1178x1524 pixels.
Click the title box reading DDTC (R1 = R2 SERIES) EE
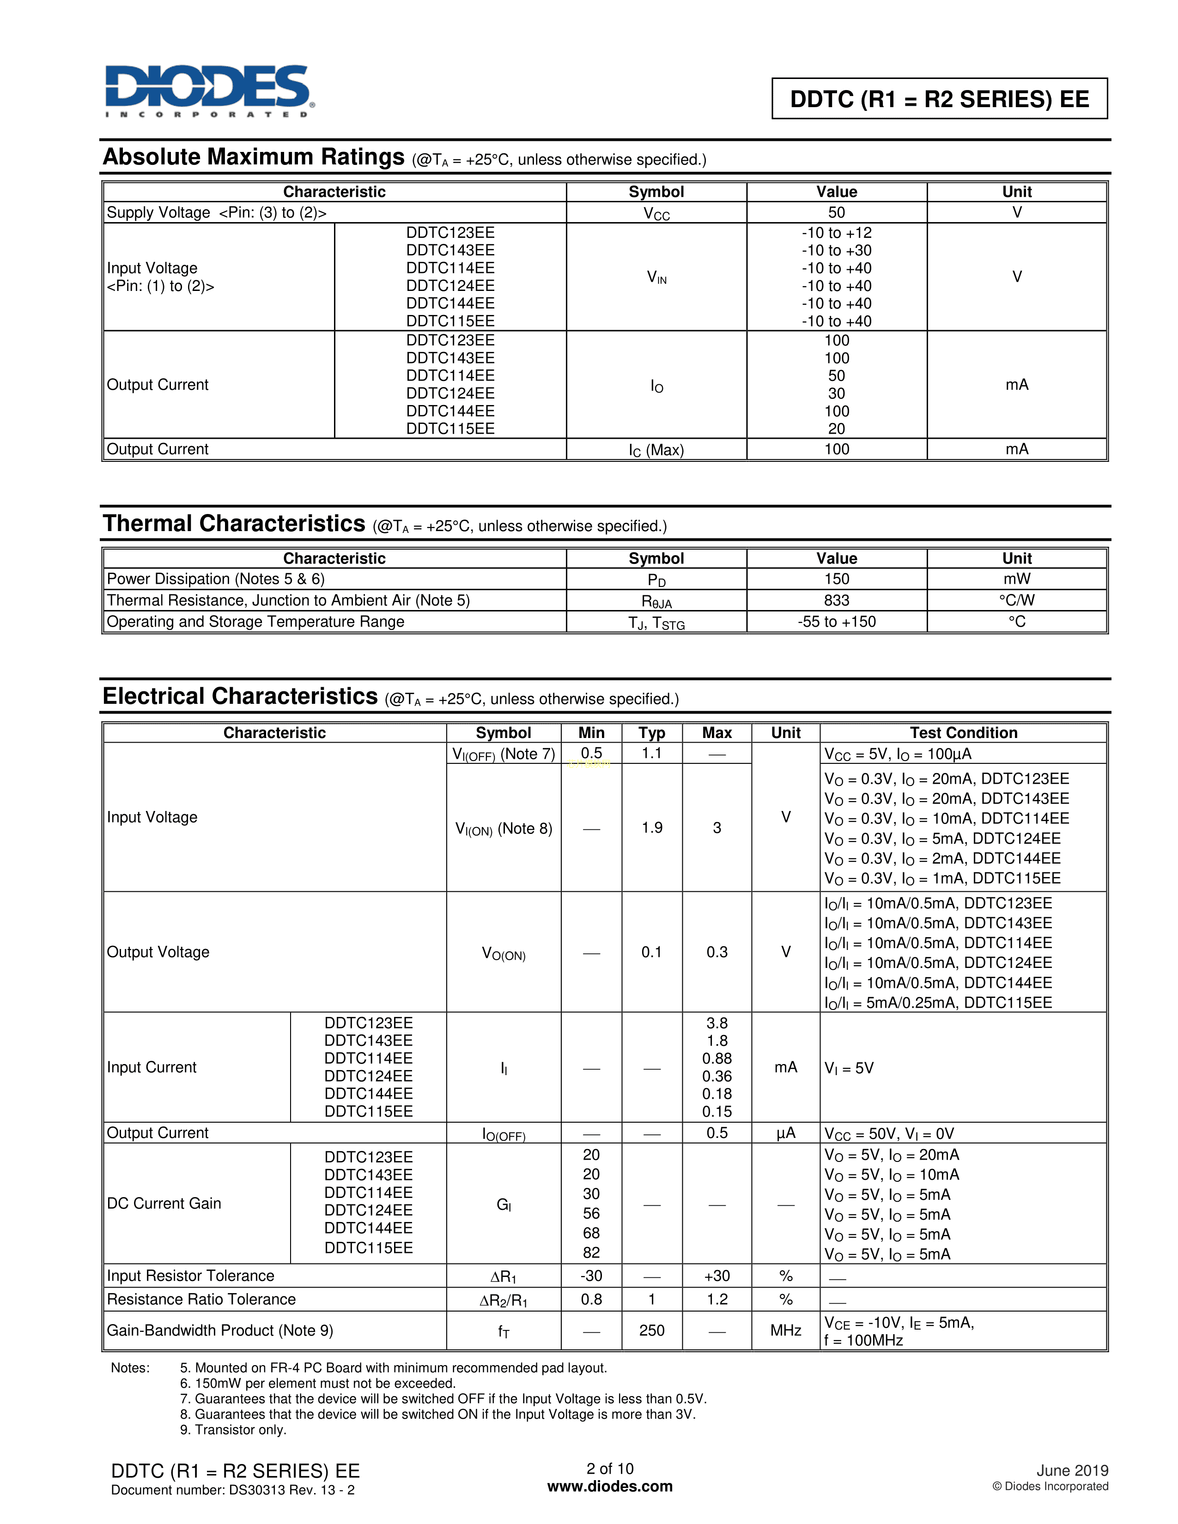[x=939, y=99]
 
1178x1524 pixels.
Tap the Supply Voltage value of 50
[x=836, y=212]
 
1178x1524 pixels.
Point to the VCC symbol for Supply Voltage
[x=656, y=213]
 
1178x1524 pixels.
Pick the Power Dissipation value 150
[x=836, y=579]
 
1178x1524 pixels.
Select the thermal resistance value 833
[x=836, y=600]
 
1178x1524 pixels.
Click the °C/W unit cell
[x=1016, y=600]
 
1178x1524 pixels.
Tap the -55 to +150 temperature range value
[x=836, y=622]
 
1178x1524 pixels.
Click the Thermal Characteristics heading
[x=234, y=523]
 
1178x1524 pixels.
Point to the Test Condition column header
[x=963, y=733]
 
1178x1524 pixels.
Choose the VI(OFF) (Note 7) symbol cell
[x=503, y=754]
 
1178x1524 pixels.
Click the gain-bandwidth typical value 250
[x=652, y=1330]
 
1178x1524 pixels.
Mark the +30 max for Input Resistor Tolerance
[x=717, y=1276]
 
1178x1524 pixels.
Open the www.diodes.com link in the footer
[x=610, y=1486]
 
